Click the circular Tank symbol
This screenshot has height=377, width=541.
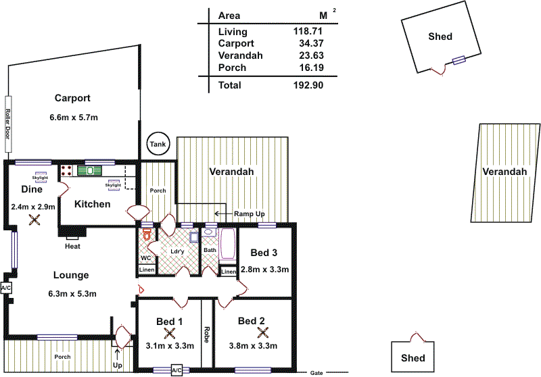pos(158,144)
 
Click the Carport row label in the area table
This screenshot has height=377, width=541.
pos(233,43)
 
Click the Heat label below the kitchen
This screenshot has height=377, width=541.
pos(73,246)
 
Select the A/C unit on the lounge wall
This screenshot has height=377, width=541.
pos(6,288)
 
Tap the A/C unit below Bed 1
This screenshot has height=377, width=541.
pos(177,370)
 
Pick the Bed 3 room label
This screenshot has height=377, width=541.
pos(264,253)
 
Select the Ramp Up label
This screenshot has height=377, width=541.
pos(250,213)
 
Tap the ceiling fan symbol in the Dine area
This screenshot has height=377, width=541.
pos(34,220)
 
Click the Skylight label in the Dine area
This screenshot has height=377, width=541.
pos(41,177)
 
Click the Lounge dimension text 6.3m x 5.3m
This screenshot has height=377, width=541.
pos(72,294)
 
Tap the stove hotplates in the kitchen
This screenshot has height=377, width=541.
pos(67,170)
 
